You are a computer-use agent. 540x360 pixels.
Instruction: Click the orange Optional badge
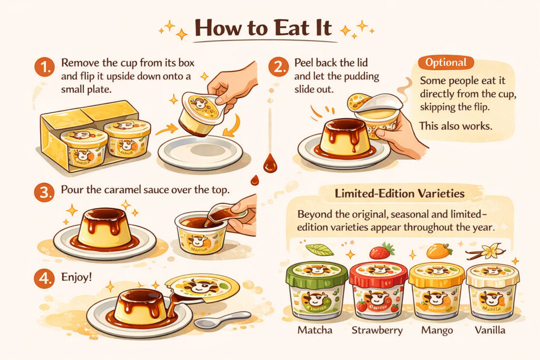click(x=446, y=63)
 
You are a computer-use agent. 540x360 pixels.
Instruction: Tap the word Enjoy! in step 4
click(x=76, y=276)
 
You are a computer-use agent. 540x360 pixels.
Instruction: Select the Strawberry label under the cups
click(x=377, y=330)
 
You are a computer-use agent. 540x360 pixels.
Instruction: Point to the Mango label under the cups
click(x=437, y=330)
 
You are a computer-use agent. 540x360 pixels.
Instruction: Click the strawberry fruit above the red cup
click(x=382, y=251)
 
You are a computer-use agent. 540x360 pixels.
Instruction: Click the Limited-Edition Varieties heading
click(x=400, y=194)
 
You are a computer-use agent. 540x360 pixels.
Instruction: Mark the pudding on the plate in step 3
click(x=104, y=227)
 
